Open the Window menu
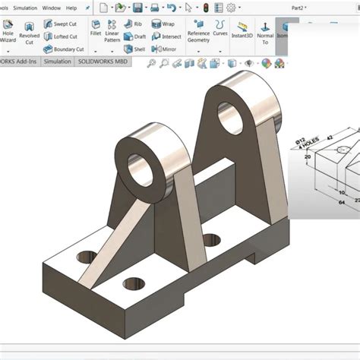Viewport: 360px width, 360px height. pyautogui.click(x=52, y=8)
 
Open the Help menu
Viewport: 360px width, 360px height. pyautogui.click(x=71, y=8)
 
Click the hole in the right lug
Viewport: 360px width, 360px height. pyautogui.click(x=231, y=115)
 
